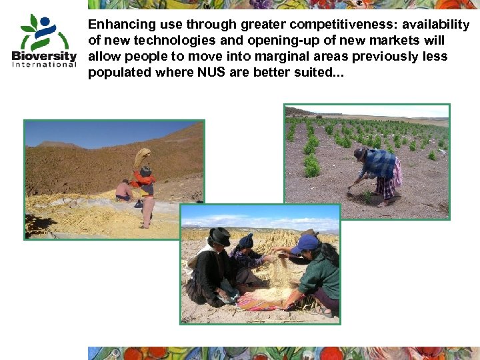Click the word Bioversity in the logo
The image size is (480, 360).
[44, 55]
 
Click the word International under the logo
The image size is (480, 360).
[44, 64]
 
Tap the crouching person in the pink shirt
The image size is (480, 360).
[123, 191]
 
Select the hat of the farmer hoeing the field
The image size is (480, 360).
[360, 154]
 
